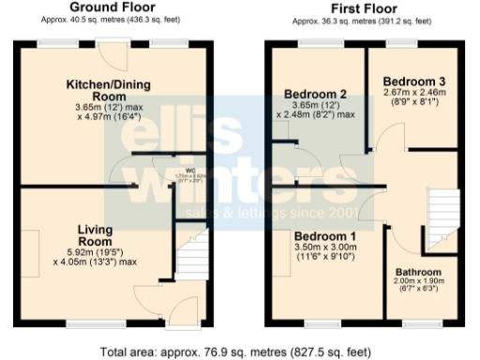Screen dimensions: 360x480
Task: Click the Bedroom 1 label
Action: tap(325, 234)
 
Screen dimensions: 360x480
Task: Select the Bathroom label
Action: tap(418, 273)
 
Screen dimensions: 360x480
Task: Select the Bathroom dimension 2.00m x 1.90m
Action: tap(418, 283)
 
